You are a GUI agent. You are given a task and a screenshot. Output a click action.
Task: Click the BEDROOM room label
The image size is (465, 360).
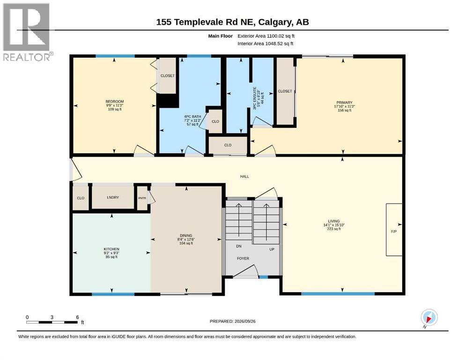point(115,102)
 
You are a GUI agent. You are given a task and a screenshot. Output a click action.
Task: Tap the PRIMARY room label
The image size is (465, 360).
point(344,102)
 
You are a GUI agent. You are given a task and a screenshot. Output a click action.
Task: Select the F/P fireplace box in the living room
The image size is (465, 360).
point(394,229)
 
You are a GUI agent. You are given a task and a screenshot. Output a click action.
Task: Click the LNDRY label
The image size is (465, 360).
point(113,197)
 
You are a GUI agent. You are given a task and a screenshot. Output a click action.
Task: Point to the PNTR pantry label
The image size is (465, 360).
point(142,198)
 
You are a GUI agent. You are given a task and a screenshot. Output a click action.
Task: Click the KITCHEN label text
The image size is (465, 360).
point(111,249)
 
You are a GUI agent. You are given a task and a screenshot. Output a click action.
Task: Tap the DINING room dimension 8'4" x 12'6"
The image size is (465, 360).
point(186,239)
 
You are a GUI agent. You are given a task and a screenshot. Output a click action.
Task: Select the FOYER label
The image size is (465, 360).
point(243,258)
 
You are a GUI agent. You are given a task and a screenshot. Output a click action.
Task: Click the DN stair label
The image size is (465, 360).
point(239,247)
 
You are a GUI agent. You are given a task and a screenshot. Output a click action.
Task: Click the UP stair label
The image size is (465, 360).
point(272,249)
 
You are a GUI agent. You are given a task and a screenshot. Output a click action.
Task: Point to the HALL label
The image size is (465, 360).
point(244,177)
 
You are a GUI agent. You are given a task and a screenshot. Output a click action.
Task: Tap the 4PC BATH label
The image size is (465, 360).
point(192,117)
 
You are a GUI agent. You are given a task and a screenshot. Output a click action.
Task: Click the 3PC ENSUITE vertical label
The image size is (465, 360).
point(254,98)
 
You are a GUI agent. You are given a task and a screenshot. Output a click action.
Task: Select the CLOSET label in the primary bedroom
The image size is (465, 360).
point(285,91)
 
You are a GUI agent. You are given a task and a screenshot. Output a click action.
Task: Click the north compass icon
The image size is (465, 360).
point(429,318)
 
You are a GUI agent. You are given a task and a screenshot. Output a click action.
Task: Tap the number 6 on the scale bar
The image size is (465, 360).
point(77,317)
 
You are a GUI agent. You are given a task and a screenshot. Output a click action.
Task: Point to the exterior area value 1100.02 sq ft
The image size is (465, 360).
point(280,36)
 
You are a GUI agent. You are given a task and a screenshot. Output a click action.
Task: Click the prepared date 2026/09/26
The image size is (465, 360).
point(245,321)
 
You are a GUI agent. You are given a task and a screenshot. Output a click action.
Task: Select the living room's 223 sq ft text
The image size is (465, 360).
point(333,229)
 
